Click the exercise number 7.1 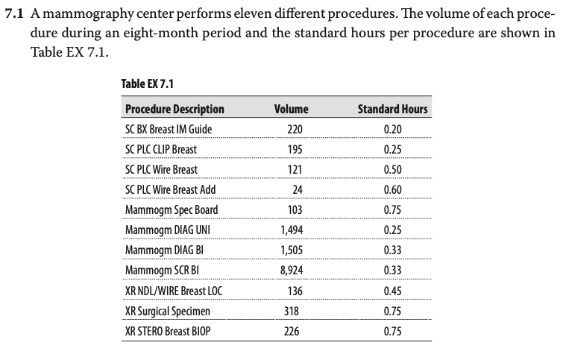[14, 13]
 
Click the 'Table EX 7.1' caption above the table [147, 83]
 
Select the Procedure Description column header [174, 109]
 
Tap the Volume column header [292, 109]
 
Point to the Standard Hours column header [392, 109]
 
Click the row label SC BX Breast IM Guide [169, 129]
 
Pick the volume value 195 [295, 149]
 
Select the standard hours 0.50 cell [392, 169]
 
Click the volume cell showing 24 [298, 189]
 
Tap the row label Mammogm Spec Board [172, 210]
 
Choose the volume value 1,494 [292, 230]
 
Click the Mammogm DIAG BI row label [164, 250]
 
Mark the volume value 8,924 [292, 271]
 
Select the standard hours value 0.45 [392, 291]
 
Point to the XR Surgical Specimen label [167, 312]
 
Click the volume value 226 [292, 331]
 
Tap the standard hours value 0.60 [392, 189]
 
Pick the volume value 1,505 [292, 250]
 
